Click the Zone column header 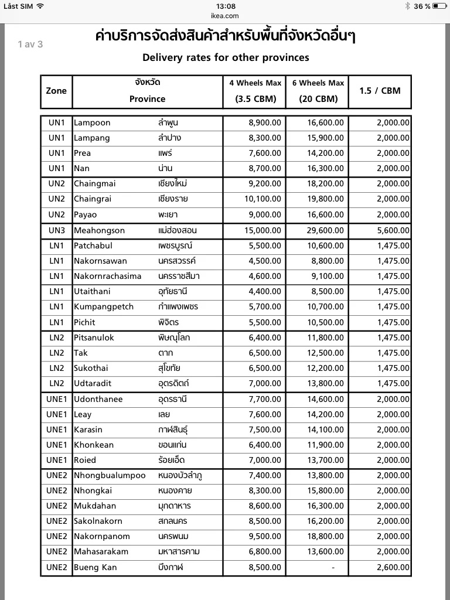click(x=56, y=91)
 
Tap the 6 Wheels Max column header click(x=318, y=83)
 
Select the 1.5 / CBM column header click(x=380, y=91)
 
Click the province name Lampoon click(x=92, y=122)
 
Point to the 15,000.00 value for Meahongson click(x=262, y=230)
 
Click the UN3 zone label click(x=56, y=230)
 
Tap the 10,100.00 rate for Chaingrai click(x=262, y=199)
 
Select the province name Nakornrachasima click(x=108, y=276)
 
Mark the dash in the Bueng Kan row click(x=333, y=567)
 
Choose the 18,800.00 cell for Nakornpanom click(x=326, y=536)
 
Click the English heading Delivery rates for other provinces click(x=226, y=57)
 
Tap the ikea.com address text click(x=224, y=16)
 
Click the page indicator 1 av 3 click(x=30, y=44)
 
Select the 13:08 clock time click(x=225, y=6)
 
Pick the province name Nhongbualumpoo click(x=110, y=475)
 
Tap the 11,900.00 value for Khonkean click(x=326, y=445)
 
